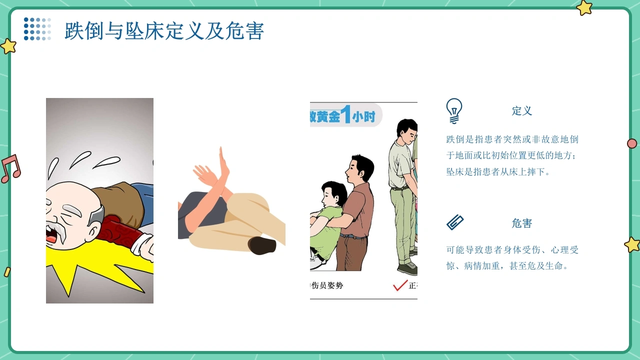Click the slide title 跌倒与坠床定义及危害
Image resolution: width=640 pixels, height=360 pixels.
(164, 31)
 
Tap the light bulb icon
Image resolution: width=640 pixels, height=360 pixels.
(454, 111)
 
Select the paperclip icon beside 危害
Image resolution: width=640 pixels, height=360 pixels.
(455, 222)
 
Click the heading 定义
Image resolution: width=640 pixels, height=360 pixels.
(521, 111)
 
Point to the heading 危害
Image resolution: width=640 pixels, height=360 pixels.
(521, 223)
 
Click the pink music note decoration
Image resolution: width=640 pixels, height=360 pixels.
(11, 168)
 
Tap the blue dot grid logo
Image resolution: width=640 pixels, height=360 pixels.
(37, 29)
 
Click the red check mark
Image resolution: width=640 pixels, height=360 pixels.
(400, 285)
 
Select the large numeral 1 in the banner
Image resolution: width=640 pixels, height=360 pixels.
(346, 114)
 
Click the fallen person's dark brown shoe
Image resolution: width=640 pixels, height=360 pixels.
(262, 245)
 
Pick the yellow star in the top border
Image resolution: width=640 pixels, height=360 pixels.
(584, 7)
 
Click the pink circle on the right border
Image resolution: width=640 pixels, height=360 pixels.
(632, 143)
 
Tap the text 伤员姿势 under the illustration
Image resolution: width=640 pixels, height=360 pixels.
(327, 285)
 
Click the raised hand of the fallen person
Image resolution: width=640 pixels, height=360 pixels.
(223, 162)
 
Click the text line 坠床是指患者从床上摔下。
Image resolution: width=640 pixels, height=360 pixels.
(497, 171)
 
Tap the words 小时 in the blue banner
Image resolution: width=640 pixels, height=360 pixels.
(363, 117)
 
